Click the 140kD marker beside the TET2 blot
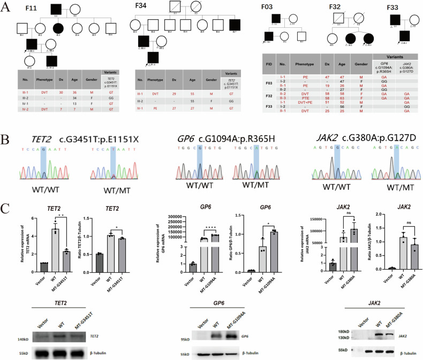pyautogui.click(x=22, y=325)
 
